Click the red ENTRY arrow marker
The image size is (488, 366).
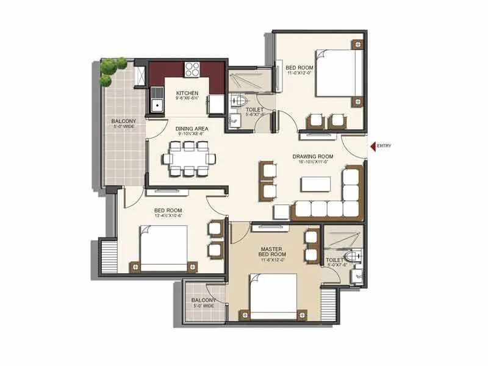[x=371, y=145]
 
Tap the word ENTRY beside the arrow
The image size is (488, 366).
[x=384, y=145]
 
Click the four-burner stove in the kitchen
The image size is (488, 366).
[x=193, y=69]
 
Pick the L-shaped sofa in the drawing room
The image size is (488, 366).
[x=332, y=198]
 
